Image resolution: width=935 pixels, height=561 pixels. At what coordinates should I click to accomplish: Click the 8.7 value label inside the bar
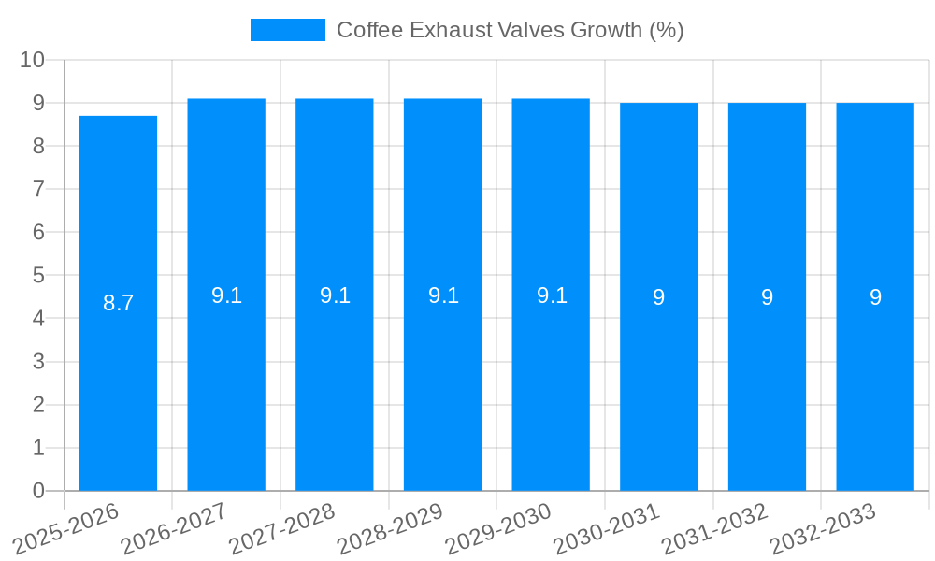(x=118, y=303)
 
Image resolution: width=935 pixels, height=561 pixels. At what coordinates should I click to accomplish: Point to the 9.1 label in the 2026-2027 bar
(x=226, y=295)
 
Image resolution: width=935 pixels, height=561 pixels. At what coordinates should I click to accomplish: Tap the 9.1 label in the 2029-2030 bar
(x=552, y=295)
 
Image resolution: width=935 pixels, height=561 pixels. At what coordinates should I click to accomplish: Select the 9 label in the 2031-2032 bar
(x=767, y=297)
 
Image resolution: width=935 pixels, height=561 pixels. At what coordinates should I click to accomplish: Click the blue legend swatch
(x=287, y=30)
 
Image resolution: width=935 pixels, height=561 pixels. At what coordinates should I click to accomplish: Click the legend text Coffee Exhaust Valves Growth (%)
(x=510, y=30)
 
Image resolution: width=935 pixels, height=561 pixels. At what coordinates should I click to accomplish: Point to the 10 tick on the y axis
(x=33, y=60)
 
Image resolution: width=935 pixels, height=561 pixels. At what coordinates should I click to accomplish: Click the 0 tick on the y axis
(x=38, y=491)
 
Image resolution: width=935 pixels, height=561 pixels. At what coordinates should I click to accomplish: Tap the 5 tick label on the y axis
(x=38, y=276)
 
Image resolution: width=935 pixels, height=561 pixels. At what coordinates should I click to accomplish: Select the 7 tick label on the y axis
(x=38, y=189)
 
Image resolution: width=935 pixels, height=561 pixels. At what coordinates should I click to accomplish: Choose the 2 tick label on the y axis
(x=38, y=405)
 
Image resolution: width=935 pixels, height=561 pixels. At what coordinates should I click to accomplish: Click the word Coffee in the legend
(x=366, y=30)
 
